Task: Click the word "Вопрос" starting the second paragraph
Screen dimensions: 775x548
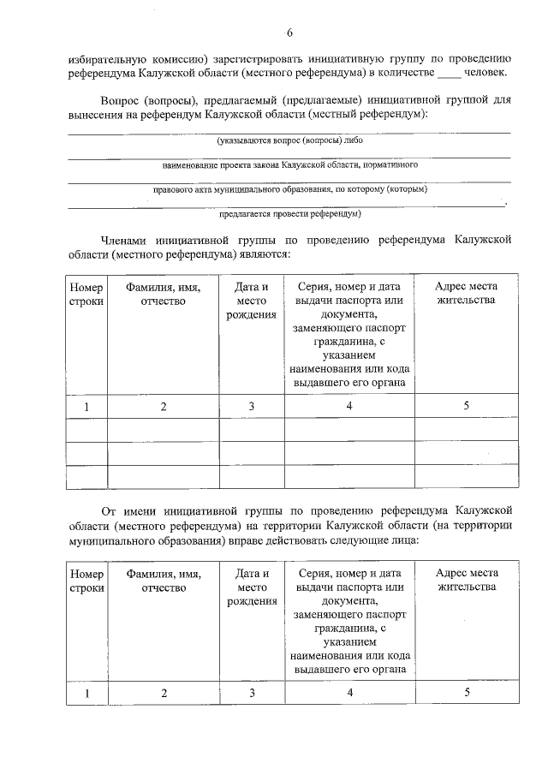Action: click(x=119, y=99)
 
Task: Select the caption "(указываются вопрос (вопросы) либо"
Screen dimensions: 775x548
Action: click(x=289, y=139)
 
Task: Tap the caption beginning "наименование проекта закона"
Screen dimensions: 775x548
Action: click(x=289, y=164)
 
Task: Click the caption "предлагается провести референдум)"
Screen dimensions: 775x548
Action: click(x=289, y=213)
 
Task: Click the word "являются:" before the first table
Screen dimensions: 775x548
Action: click(x=265, y=254)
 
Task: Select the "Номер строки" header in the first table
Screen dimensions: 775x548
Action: click(x=86, y=294)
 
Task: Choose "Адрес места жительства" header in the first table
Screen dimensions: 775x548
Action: click(x=466, y=294)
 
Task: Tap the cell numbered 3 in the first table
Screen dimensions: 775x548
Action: click(x=252, y=406)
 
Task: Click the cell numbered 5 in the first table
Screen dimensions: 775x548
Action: click(x=466, y=406)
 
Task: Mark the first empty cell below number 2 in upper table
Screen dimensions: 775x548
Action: click(x=163, y=430)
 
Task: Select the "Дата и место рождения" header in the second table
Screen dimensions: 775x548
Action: click(x=252, y=587)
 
